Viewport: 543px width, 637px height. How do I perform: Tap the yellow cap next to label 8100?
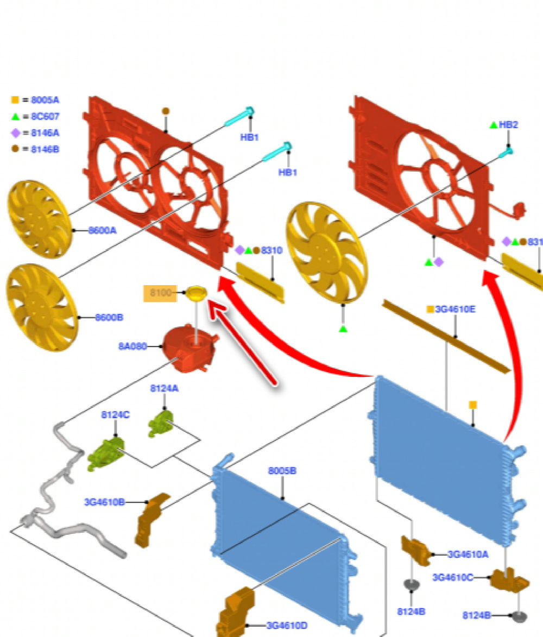(x=196, y=295)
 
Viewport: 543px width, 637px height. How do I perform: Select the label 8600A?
(x=102, y=230)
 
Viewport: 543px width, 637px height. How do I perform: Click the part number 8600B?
(x=109, y=317)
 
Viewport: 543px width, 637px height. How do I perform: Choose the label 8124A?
(x=164, y=389)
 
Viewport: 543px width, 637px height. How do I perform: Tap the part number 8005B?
(x=282, y=471)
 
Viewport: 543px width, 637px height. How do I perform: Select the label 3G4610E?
(x=455, y=310)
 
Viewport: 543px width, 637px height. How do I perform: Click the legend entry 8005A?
(x=45, y=100)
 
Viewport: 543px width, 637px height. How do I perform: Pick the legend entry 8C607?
(x=45, y=116)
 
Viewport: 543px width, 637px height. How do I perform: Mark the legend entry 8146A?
(x=45, y=133)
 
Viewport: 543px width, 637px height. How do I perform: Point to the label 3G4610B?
(x=104, y=502)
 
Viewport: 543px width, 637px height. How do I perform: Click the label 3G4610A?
(x=468, y=554)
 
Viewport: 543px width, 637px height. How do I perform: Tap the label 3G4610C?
(x=452, y=577)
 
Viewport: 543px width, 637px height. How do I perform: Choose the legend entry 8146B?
(x=45, y=149)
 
